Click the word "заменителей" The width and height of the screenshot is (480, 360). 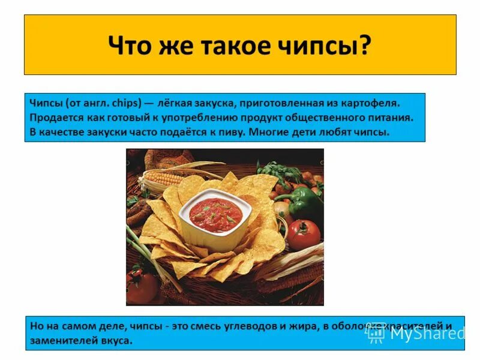pos(59,340)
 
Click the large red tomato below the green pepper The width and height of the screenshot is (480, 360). pos(303,234)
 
